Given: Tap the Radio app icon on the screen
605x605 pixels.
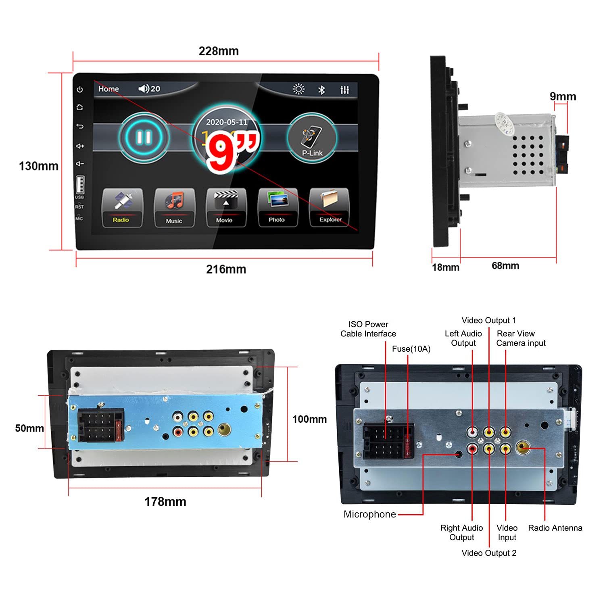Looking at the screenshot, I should [122, 207].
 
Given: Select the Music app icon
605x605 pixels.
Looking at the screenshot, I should [174, 207].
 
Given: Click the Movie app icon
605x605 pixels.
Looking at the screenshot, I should [225, 207].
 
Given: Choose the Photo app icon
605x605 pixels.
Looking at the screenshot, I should [277, 207].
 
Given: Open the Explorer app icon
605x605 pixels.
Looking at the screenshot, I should [329, 207].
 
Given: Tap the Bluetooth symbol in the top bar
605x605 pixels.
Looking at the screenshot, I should [321, 90].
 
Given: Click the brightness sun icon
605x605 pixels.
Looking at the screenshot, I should [298, 89].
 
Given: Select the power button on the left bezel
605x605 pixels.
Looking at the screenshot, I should [80, 89].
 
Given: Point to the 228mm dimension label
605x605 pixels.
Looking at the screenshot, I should [219, 51].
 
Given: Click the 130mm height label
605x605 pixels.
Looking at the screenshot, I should [39, 166].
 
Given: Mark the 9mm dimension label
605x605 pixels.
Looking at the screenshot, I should [563, 96].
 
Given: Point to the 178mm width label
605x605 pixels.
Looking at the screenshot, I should [165, 502].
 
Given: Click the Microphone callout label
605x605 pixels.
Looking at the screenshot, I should [369, 514].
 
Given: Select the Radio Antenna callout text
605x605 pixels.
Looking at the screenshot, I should [555, 528].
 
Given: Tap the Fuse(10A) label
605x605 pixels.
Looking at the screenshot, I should [411, 349].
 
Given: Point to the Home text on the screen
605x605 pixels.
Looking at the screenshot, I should [108, 89].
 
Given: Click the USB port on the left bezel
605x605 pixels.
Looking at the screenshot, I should [80, 185].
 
